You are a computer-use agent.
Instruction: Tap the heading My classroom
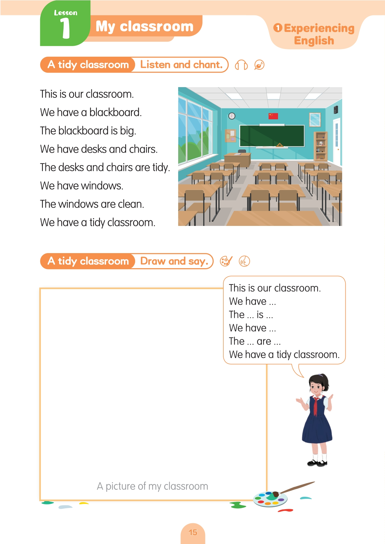pos(144,26)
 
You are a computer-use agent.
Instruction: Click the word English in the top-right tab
pos(314,40)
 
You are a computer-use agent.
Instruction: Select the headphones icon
pos(241,65)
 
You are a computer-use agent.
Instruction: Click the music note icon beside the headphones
pos(259,65)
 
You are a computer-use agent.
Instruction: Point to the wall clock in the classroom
pos(232,116)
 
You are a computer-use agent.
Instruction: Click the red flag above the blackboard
pos(273,116)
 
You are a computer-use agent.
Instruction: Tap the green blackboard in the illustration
pos(272,136)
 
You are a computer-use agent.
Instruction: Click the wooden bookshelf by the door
pos(321,146)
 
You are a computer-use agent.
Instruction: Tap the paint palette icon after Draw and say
pos(226,261)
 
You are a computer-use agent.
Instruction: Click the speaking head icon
pos(244,261)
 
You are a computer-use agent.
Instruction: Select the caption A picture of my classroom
pos(152,486)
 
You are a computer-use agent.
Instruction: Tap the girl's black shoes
pos(317,463)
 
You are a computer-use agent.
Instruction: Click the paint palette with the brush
pos(270,499)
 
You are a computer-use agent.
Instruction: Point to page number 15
pos(193,532)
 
